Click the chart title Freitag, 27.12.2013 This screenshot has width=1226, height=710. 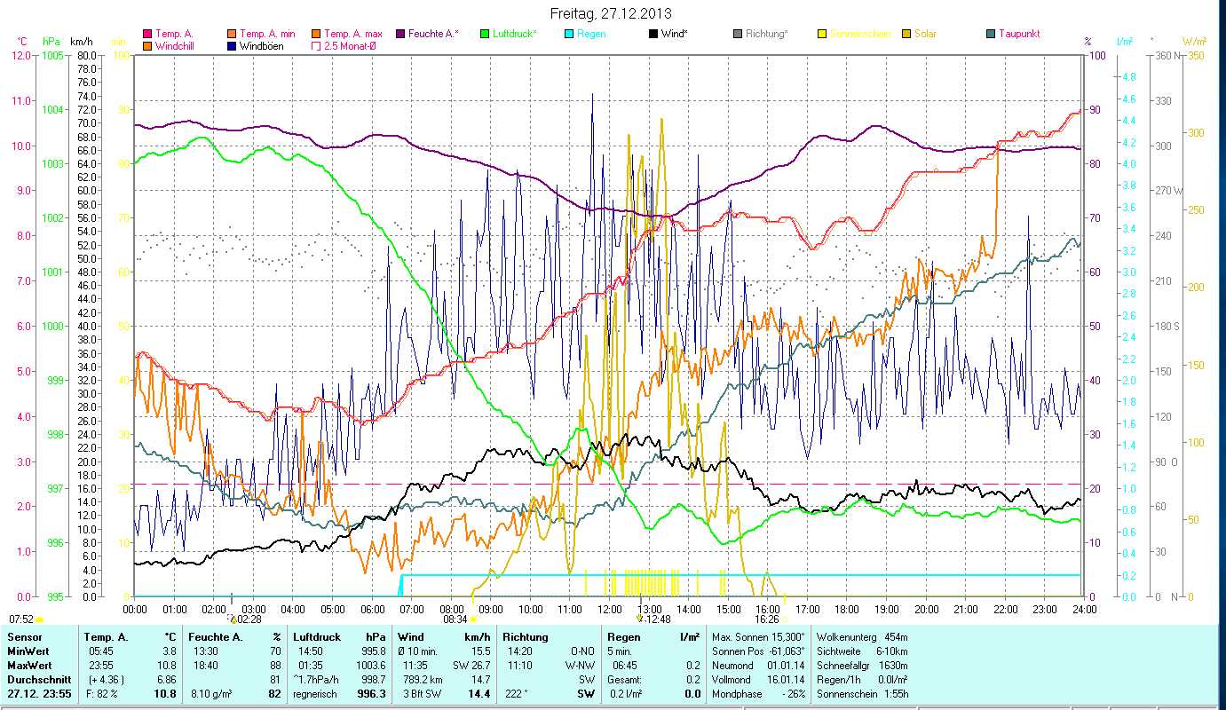tap(611, 13)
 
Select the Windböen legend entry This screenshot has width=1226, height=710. tap(261, 45)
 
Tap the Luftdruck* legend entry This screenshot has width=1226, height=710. tap(516, 34)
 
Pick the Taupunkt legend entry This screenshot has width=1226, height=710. tap(1018, 34)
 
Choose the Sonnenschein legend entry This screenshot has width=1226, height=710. tap(864, 34)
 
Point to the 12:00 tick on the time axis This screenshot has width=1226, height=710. tap(610, 610)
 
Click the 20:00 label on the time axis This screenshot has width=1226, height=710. tap(927, 610)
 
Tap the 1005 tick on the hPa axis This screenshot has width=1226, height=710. tap(52, 55)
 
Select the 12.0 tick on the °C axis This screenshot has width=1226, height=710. tap(21, 55)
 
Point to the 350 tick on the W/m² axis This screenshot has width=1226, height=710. tap(1196, 55)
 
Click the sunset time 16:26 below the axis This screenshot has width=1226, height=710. tap(767, 619)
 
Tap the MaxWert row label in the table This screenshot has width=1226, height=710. tap(28, 665)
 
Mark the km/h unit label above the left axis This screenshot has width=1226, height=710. tap(81, 42)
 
